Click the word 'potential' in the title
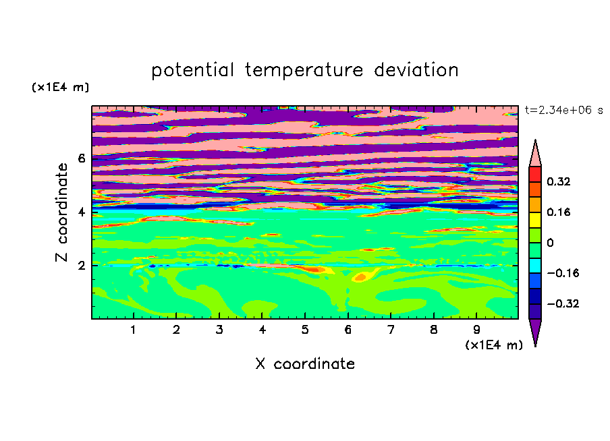click(x=192, y=70)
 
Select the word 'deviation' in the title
click(x=416, y=70)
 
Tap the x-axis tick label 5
click(x=305, y=330)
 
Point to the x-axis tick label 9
click(x=476, y=330)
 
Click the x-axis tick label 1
click(x=133, y=330)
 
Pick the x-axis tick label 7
click(x=391, y=330)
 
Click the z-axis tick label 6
click(x=81, y=158)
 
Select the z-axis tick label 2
click(x=81, y=266)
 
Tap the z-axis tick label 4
click(x=81, y=212)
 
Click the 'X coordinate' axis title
click(x=305, y=363)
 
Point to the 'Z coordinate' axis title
click(x=61, y=212)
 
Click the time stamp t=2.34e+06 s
click(x=563, y=111)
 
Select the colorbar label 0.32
click(x=559, y=181)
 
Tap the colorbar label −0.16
click(x=563, y=273)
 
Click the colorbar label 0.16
click(x=559, y=212)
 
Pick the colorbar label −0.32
click(x=563, y=303)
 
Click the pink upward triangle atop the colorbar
click(x=535, y=156)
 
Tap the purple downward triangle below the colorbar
click(x=535, y=330)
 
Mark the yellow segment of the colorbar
click(x=535, y=220)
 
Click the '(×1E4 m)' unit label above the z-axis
click(x=60, y=87)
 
